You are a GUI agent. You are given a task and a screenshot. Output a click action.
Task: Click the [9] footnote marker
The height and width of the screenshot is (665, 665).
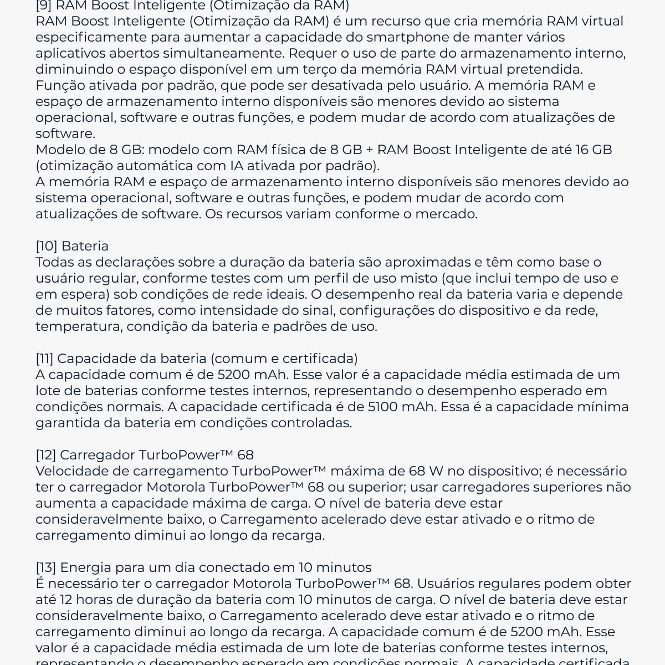pos(44,6)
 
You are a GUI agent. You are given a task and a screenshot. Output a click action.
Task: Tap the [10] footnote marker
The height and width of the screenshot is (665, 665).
pos(47,246)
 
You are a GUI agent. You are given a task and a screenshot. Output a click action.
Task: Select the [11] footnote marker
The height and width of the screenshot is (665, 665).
pos(44,359)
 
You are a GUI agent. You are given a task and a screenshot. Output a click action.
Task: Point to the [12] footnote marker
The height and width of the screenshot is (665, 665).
pos(46,455)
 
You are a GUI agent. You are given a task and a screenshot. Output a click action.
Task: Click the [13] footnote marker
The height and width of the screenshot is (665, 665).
pos(46,567)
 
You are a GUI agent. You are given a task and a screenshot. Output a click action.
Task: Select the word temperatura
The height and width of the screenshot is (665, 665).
pos(78,326)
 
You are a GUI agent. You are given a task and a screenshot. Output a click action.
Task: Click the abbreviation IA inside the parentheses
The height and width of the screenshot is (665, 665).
pos(236,166)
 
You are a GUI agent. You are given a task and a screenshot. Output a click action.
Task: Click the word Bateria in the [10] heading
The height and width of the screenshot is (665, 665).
pos(85,246)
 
